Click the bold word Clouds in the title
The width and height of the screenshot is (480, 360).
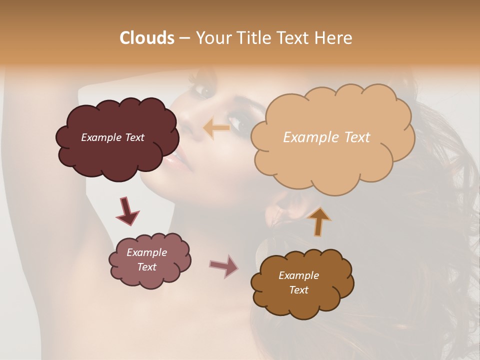coord(147,38)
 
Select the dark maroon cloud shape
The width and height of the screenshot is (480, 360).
coord(117,150)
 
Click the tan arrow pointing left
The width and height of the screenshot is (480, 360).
coord(216,128)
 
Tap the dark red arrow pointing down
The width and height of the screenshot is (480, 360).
coord(127,211)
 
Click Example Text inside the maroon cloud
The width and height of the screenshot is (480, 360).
coord(112,137)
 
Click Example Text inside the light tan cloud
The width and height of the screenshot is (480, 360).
coord(326,137)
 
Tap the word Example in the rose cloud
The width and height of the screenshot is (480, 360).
coord(146,252)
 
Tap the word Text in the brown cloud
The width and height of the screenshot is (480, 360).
coord(298,290)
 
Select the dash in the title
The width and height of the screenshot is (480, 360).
coord(184,38)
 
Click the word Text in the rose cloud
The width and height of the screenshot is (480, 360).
coord(146,267)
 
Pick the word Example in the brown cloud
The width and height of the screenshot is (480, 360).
coord(298,275)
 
